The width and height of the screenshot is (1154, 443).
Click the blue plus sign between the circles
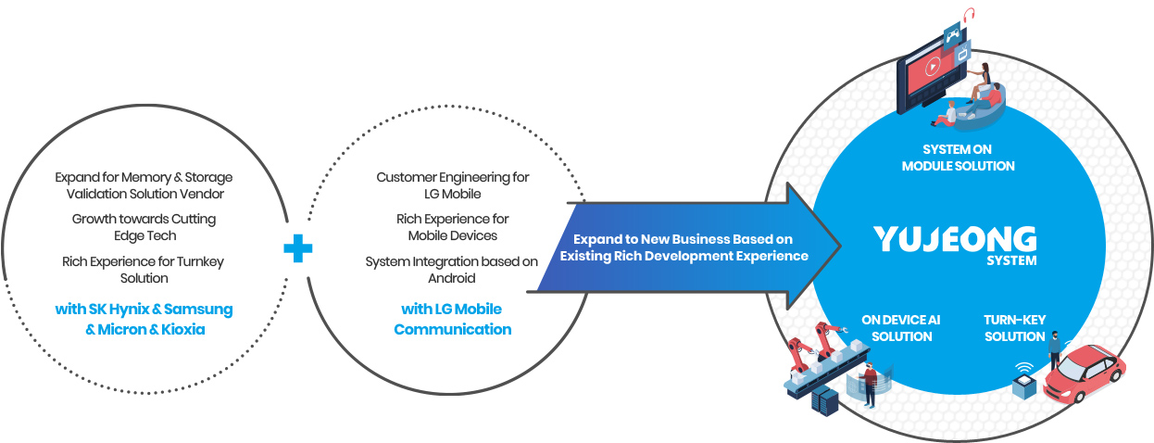[297, 247]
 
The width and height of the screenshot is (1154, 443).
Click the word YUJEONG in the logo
[955, 240]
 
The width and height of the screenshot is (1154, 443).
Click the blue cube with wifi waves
[1023, 383]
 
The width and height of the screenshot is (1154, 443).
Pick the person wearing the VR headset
[869, 384]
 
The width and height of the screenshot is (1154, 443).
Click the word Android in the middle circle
[452, 278]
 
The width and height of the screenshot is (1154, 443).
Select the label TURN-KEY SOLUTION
[1014, 328]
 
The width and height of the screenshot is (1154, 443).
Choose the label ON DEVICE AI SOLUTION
[901, 328]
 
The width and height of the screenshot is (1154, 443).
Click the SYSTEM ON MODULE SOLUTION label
[957, 158]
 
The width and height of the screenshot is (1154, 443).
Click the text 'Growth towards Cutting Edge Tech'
[144, 227]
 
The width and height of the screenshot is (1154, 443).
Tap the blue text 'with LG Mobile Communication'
[452, 319]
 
